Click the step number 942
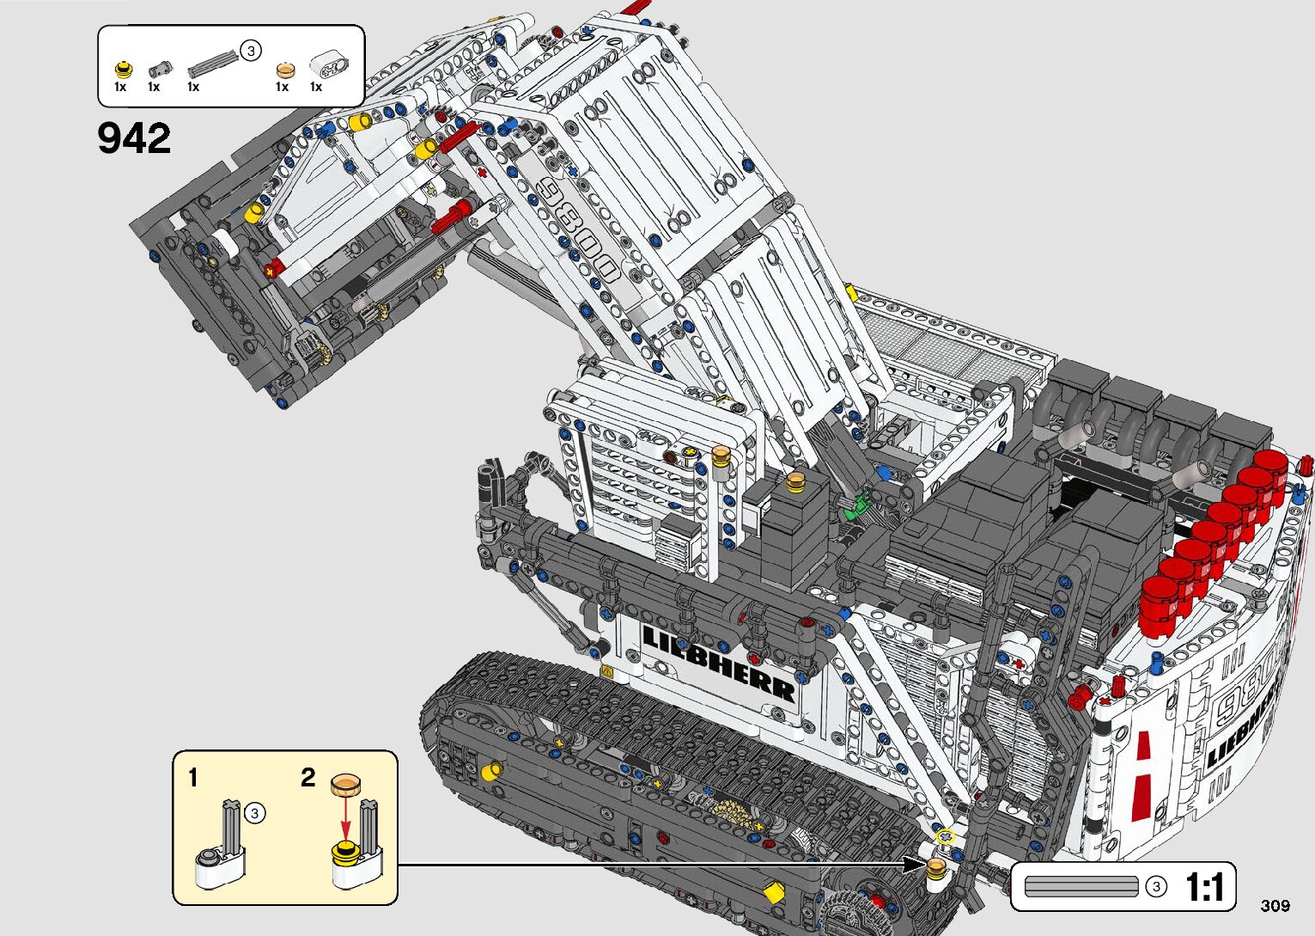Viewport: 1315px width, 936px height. click(x=134, y=138)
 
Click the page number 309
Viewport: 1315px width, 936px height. click(x=1275, y=905)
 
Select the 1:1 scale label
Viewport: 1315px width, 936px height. click(x=1205, y=887)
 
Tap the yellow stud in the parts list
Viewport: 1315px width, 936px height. click(x=124, y=69)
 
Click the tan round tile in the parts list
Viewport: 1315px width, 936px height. click(x=284, y=69)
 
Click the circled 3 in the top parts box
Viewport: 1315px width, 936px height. click(x=250, y=51)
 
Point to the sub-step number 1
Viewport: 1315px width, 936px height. click(x=192, y=778)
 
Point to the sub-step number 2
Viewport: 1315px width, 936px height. click(x=308, y=778)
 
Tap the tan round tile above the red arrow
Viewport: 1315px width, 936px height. click(x=345, y=782)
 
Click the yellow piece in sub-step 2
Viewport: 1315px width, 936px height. click(x=345, y=853)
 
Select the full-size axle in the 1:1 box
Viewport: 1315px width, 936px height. click(x=1081, y=886)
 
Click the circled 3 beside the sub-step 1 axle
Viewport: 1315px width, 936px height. click(x=254, y=812)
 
